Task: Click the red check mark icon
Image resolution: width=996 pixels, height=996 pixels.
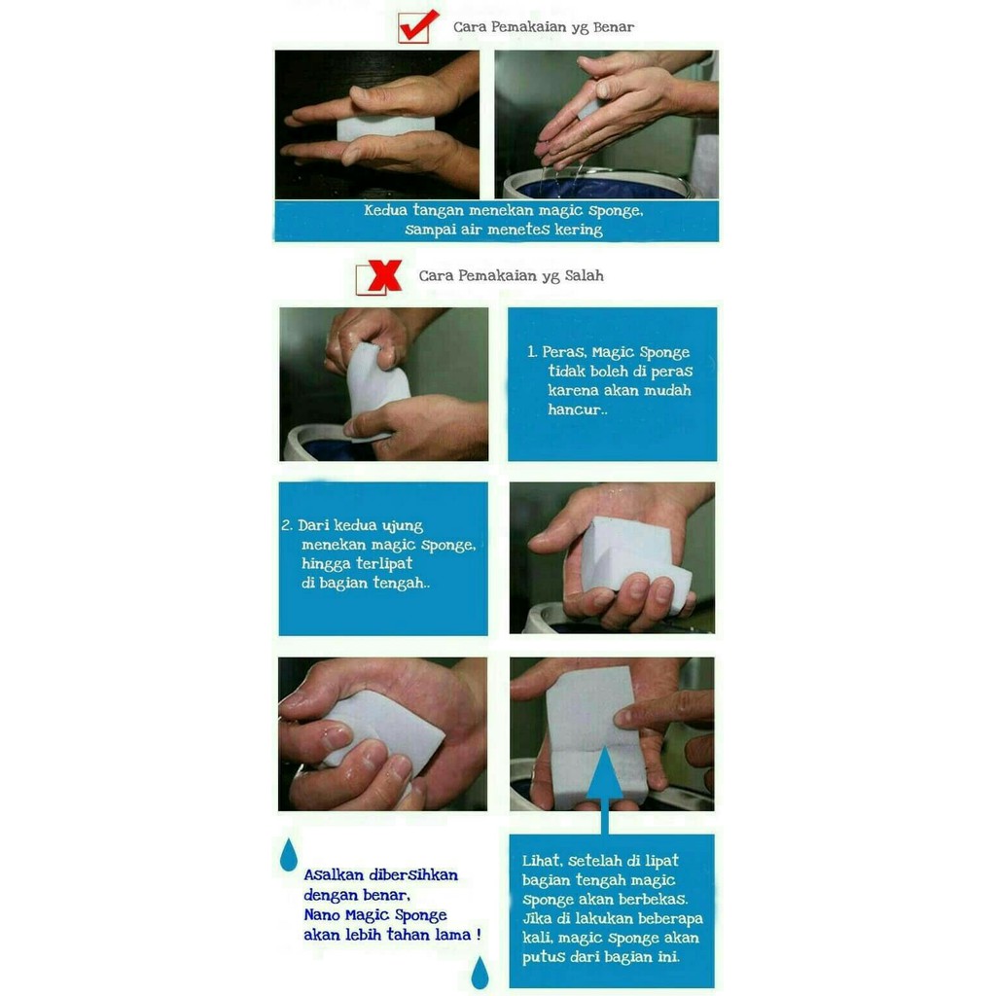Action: (418, 25)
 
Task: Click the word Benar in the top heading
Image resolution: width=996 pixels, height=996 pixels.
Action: (613, 27)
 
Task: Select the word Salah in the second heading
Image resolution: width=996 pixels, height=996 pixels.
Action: (584, 275)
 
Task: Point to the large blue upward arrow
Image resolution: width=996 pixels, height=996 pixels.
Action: (604, 790)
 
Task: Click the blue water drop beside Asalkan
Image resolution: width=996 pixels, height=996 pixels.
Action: (288, 854)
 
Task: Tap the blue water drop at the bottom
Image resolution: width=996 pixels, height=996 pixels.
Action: (480, 973)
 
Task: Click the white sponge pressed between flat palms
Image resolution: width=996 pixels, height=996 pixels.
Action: (385, 126)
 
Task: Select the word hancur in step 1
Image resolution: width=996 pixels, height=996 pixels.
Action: (574, 409)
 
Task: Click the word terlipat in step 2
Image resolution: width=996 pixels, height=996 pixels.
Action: (383, 564)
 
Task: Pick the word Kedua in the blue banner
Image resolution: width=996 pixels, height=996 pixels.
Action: (385, 210)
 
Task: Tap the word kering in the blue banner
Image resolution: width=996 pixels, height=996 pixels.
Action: (578, 230)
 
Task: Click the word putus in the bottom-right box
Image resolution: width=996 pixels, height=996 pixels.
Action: (543, 957)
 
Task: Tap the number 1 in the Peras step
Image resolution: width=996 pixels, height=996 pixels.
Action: (532, 352)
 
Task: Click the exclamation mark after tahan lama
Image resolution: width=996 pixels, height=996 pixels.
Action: (478, 935)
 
